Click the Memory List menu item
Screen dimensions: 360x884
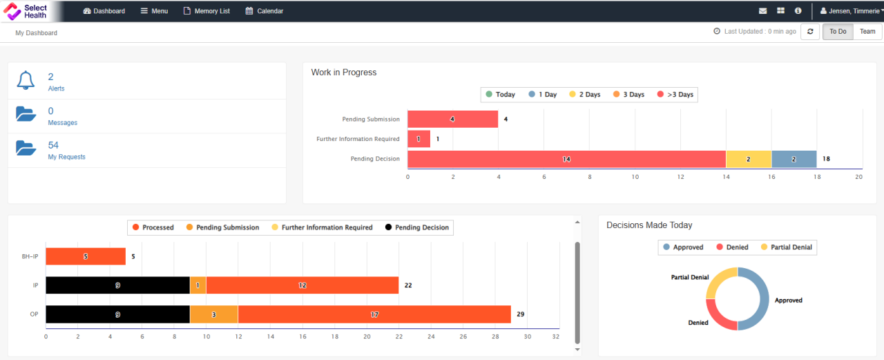pyautogui.click(x=206, y=11)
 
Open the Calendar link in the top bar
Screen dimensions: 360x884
pyautogui.click(x=265, y=11)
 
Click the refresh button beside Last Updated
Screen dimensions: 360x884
pyautogui.click(x=809, y=32)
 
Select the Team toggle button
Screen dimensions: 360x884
pyautogui.click(x=867, y=32)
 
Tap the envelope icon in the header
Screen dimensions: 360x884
pyautogui.click(x=762, y=11)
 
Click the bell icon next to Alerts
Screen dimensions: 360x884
pyautogui.click(x=26, y=82)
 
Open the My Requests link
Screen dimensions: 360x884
pyautogui.click(x=66, y=157)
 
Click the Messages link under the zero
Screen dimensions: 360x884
pyautogui.click(x=62, y=123)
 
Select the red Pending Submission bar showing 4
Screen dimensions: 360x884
pyautogui.click(x=452, y=120)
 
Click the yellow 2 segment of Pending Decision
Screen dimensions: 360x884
pyautogui.click(x=748, y=159)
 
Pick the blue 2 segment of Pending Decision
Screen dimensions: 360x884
pyautogui.click(x=794, y=159)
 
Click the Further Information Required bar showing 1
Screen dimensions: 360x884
pyautogui.click(x=419, y=139)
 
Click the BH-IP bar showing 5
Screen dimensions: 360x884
pyautogui.click(x=86, y=256)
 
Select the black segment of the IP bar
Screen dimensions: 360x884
pyautogui.click(x=117, y=285)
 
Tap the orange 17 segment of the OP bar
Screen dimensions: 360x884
pyautogui.click(x=374, y=314)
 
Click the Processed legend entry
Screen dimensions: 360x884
pyautogui.click(x=153, y=227)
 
